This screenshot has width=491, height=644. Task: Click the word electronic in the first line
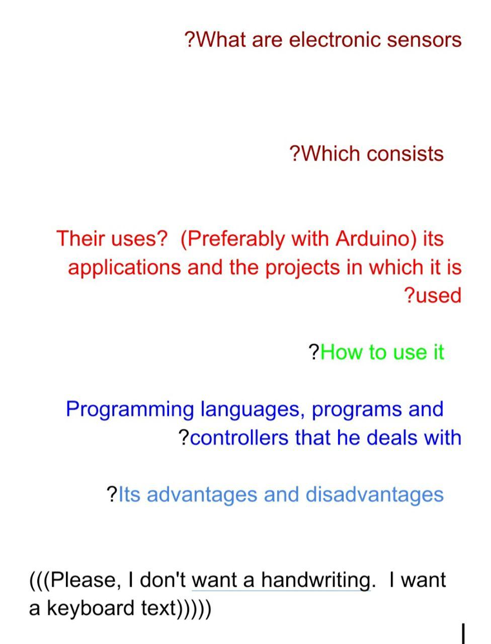pos(335,40)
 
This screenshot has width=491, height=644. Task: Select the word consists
pos(405,153)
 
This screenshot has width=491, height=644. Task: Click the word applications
pos(125,268)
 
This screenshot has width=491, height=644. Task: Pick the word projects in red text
pos(302,268)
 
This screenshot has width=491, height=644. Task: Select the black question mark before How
pos(313,352)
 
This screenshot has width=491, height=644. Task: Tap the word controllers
pos(239,437)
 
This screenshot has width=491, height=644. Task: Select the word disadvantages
pos(374,495)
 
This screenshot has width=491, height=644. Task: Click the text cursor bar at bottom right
pos(463,634)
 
